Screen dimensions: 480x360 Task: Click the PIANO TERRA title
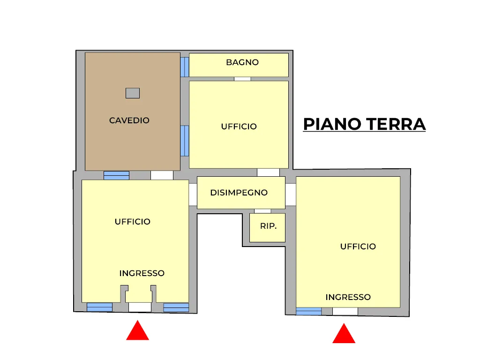click(364, 124)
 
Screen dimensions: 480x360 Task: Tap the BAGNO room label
click(242, 62)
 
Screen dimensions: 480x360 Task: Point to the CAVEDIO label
click(129, 120)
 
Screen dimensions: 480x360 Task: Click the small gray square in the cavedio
click(133, 93)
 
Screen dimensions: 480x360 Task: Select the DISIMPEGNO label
click(239, 193)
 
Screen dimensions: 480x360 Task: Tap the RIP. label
click(268, 226)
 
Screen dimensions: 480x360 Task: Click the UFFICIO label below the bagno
click(239, 127)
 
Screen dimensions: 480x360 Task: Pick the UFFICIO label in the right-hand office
click(358, 247)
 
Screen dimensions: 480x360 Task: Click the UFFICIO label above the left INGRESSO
click(133, 222)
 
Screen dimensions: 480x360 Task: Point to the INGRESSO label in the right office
click(348, 297)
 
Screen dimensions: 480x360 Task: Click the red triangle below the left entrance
click(137, 330)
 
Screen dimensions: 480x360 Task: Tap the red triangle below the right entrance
click(344, 333)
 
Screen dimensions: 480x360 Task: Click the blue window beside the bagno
click(185, 67)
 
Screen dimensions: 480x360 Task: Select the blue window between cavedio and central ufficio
click(185, 141)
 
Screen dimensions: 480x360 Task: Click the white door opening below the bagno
click(242, 79)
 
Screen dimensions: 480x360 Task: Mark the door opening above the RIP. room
click(262, 211)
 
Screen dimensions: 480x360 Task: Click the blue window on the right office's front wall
click(308, 311)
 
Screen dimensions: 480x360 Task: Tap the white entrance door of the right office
click(345, 312)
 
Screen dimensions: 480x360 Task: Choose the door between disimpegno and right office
click(291, 195)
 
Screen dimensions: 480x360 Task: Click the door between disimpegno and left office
click(193, 195)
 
